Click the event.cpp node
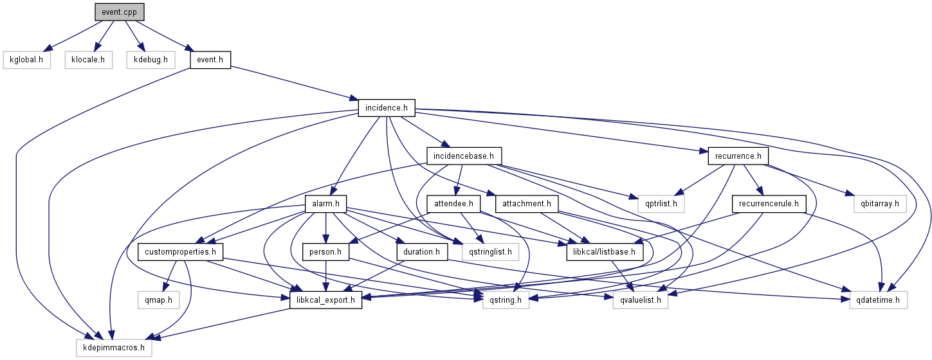coord(120,12)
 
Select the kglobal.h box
coord(26,60)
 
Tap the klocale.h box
coord(88,60)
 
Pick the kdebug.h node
coord(151,60)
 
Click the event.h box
coord(210,60)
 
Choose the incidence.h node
coord(387,108)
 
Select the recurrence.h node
coord(738,156)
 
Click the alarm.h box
coord(325,204)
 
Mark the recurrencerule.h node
coord(769,204)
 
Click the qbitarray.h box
coord(875,204)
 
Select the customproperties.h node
coord(180,251)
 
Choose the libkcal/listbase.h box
coord(605,251)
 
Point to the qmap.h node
coord(155,300)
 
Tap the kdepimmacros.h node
coord(114,348)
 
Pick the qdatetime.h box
coord(878,300)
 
